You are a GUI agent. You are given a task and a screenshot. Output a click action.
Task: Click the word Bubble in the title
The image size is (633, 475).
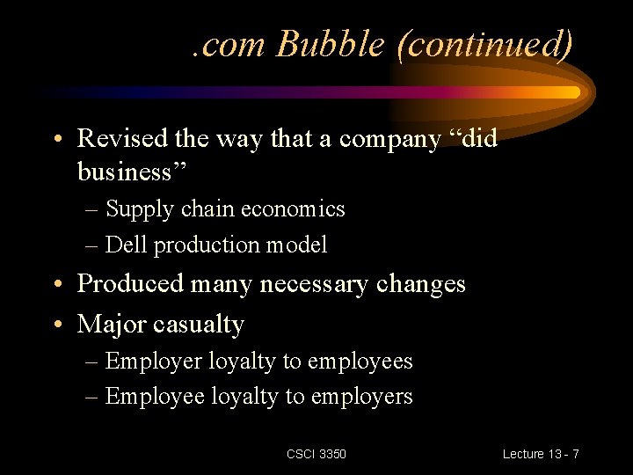pyautogui.click(x=331, y=43)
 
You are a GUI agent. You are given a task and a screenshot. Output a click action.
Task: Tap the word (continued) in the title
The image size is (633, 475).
pyautogui.click(x=485, y=43)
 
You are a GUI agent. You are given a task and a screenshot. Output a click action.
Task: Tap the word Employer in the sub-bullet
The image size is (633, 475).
pyautogui.click(x=154, y=362)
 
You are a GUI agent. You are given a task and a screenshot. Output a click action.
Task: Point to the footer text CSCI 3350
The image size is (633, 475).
pyautogui.click(x=316, y=454)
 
